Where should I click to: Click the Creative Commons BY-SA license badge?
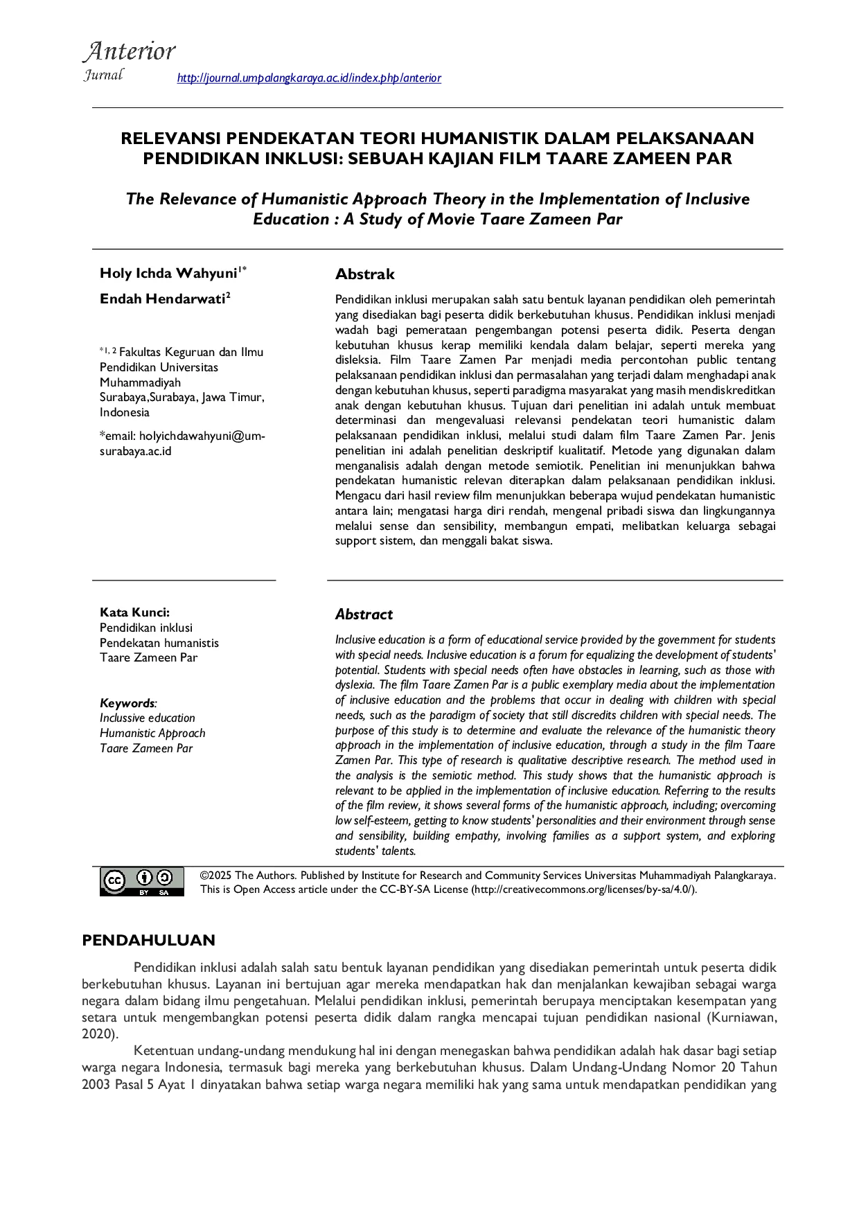coord(142,881)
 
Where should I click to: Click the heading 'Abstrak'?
coord(364,274)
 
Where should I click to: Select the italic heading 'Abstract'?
coord(364,614)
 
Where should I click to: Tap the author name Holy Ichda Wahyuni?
coord(168,273)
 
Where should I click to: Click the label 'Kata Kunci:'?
coord(134,612)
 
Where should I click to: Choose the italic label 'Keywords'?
coord(127,703)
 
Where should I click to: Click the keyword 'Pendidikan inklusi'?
coord(146,628)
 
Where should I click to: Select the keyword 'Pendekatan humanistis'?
coord(159,643)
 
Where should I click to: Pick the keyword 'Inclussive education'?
coord(148,718)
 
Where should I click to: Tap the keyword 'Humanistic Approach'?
coord(152,734)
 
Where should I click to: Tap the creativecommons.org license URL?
coord(583,890)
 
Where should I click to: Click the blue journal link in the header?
coord(309,78)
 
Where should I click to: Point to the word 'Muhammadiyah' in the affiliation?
coord(140,382)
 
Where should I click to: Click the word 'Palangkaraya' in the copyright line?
coord(740,876)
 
